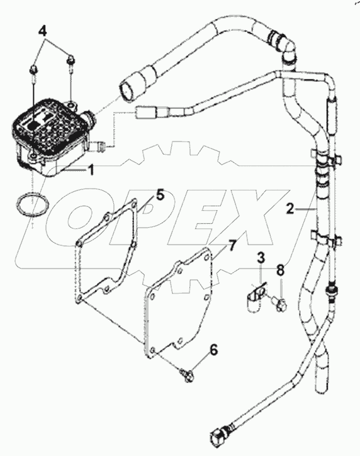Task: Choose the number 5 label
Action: (160, 196)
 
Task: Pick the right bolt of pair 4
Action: (70, 60)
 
